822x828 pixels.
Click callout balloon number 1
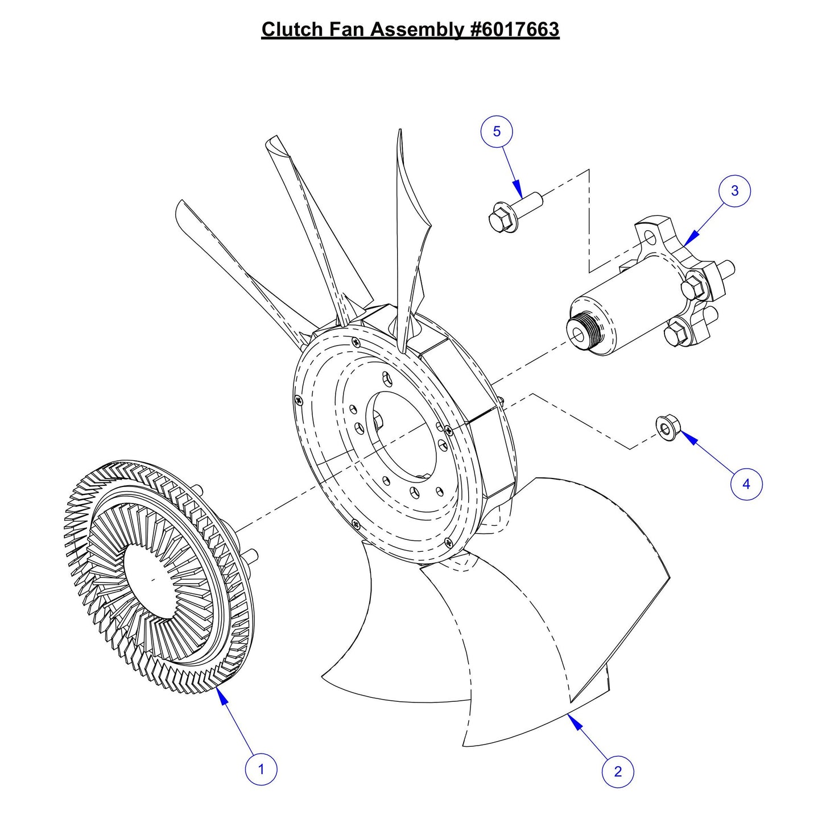coord(261,769)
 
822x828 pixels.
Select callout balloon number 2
coord(618,771)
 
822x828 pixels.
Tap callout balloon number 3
coord(734,191)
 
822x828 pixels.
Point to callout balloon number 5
coord(497,132)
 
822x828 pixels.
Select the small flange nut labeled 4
coord(666,427)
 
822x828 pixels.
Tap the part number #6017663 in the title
coord(515,30)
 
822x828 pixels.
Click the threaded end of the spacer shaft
coord(581,330)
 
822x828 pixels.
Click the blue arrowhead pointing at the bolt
coord(517,188)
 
